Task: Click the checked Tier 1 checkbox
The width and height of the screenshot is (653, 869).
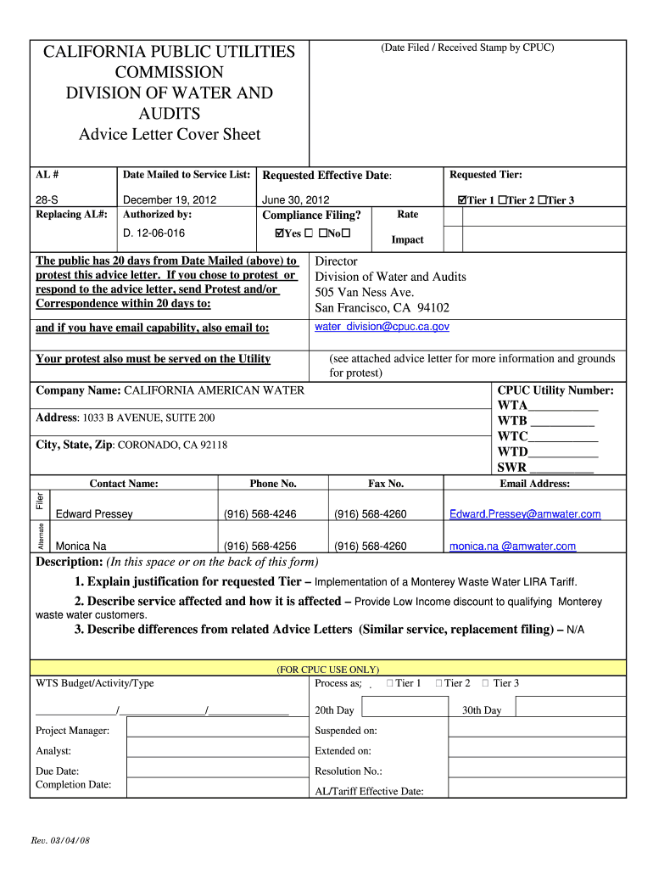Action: click(x=462, y=200)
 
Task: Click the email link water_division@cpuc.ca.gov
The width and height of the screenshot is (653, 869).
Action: click(x=382, y=327)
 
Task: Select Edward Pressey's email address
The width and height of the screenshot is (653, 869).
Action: click(x=525, y=514)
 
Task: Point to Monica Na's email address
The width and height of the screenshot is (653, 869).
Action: click(x=512, y=547)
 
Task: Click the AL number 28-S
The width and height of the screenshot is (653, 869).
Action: click(x=47, y=200)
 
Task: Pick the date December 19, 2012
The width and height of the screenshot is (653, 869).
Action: click(x=170, y=200)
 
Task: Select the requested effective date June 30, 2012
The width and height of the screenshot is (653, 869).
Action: click(x=296, y=200)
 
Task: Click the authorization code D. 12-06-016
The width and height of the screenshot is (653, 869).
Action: click(x=153, y=233)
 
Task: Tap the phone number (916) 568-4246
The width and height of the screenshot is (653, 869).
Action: click(x=260, y=514)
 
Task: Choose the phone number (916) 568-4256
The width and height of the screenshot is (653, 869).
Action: click(x=260, y=547)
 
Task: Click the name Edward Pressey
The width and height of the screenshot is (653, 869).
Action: click(x=94, y=514)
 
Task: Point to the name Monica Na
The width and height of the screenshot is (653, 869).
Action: click(x=81, y=547)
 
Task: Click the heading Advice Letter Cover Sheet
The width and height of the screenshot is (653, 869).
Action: click(x=170, y=134)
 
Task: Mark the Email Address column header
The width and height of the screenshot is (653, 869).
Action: click(x=535, y=484)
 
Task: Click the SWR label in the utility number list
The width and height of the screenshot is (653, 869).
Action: click(x=511, y=468)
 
